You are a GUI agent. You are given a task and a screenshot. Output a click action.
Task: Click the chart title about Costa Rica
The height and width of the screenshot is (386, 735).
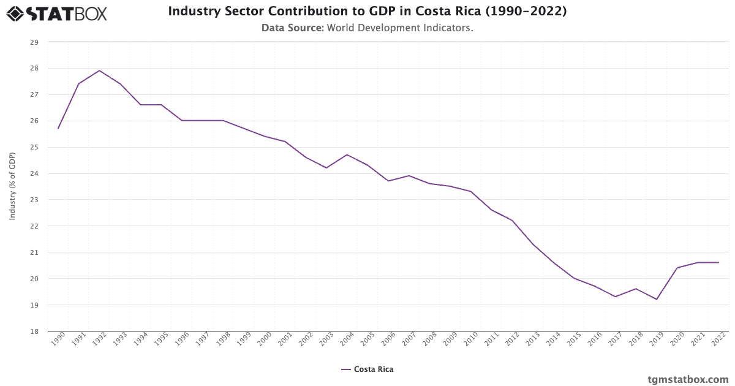click(x=367, y=12)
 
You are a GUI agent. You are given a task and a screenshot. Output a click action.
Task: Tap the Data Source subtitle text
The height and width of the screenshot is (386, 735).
click(x=367, y=28)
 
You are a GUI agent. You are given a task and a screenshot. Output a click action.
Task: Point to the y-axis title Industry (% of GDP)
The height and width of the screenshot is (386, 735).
click(x=12, y=186)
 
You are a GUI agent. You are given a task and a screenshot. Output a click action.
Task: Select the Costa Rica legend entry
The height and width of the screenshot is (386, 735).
click(x=367, y=369)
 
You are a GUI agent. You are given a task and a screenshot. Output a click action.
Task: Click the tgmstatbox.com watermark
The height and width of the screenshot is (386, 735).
click(x=688, y=379)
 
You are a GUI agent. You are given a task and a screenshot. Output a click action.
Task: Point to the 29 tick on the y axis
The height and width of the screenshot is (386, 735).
click(x=34, y=42)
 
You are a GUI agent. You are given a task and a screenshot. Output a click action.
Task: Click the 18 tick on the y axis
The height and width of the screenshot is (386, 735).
click(x=34, y=331)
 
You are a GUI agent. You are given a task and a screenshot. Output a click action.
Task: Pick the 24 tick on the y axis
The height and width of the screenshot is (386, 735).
click(x=34, y=173)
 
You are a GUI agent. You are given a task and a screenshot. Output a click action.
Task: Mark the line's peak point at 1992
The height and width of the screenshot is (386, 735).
click(x=99, y=70)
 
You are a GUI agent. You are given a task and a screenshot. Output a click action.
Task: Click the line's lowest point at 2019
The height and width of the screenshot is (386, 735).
click(x=657, y=299)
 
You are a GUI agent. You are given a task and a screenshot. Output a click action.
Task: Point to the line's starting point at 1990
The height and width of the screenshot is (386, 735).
click(x=58, y=128)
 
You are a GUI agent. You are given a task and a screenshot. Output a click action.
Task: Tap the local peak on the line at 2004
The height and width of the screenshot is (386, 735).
click(x=347, y=154)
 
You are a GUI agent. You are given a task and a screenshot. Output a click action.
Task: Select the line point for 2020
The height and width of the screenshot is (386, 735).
click(x=677, y=268)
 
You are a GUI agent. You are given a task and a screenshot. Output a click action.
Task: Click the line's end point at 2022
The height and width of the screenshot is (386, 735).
click(x=718, y=262)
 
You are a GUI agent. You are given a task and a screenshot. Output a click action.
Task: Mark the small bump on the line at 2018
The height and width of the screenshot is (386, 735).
click(x=636, y=289)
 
